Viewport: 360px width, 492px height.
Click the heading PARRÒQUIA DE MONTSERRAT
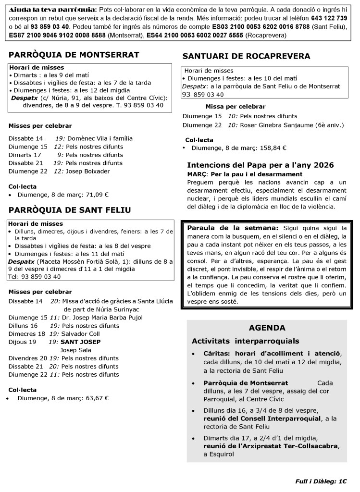[74, 54]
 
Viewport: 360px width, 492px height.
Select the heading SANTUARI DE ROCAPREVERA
[246, 56]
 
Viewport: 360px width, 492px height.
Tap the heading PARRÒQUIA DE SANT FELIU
[70, 209]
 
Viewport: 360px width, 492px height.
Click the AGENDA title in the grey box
[267, 328]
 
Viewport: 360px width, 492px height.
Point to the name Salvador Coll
[80, 333]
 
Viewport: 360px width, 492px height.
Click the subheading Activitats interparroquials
[245, 341]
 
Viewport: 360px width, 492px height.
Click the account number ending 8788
[279, 26]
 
